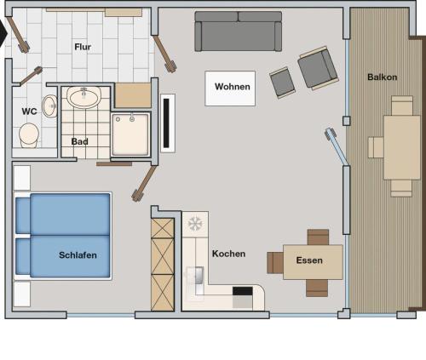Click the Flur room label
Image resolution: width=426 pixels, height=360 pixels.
click(x=83, y=47)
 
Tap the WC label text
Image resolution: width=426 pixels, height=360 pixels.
click(x=29, y=111)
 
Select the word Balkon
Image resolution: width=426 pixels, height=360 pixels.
click(x=382, y=77)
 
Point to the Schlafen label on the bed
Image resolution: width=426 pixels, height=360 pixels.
click(x=78, y=255)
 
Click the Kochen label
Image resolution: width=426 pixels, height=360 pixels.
click(x=228, y=254)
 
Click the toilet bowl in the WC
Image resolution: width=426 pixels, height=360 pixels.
click(x=29, y=135)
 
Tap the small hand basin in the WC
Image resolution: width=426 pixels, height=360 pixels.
click(x=50, y=106)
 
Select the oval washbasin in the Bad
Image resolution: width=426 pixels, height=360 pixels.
click(x=84, y=97)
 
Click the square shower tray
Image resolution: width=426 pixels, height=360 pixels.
click(x=130, y=135)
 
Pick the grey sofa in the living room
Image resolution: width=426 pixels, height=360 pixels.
click(x=239, y=31)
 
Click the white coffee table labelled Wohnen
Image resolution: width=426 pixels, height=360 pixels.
click(x=230, y=89)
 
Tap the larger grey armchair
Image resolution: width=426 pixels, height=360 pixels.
click(x=318, y=68)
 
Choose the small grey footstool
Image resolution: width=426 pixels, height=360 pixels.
click(x=282, y=83)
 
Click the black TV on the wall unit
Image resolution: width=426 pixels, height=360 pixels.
click(x=166, y=123)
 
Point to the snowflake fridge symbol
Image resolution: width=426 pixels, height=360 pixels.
click(x=195, y=224)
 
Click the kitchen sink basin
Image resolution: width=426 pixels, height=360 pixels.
click(x=199, y=276)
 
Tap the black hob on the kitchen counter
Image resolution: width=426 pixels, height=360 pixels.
click(x=243, y=291)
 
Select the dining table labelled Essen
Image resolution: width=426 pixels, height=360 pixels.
click(x=313, y=262)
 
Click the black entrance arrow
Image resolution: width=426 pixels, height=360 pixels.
click(x=3, y=33)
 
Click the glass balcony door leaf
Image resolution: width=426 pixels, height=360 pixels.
click(x=337, y=146)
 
